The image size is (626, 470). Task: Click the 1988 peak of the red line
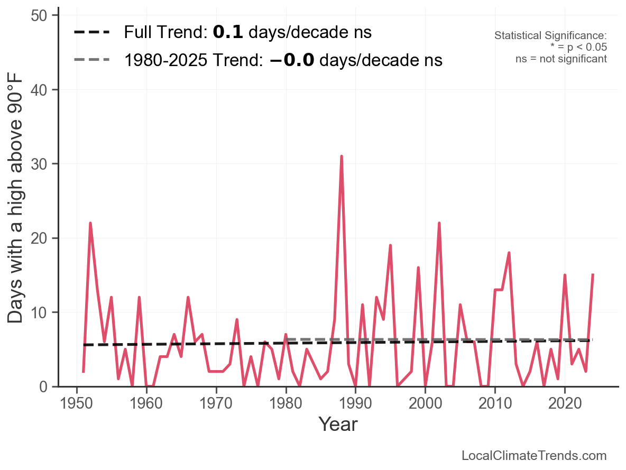click(x=342, y=156)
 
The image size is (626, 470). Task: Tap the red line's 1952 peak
click(x=90, y=223)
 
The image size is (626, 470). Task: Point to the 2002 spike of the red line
click(x=439, y=223)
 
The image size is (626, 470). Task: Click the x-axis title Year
click(x=338, y=425)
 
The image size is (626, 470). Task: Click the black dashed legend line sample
click(x=92, y=32)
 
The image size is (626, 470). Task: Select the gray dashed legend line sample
click(x=92, y=60)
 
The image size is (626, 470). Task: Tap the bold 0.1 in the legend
click(x=228, y=32)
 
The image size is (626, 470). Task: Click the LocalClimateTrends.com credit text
click(x=534, y=456)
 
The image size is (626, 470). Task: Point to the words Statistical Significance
click(x=550, y=35)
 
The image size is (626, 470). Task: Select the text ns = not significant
click(x=561, y=59)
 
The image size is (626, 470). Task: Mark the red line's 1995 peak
click(x=390, y=245)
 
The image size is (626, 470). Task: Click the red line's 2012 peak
click(x=509, y=253)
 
